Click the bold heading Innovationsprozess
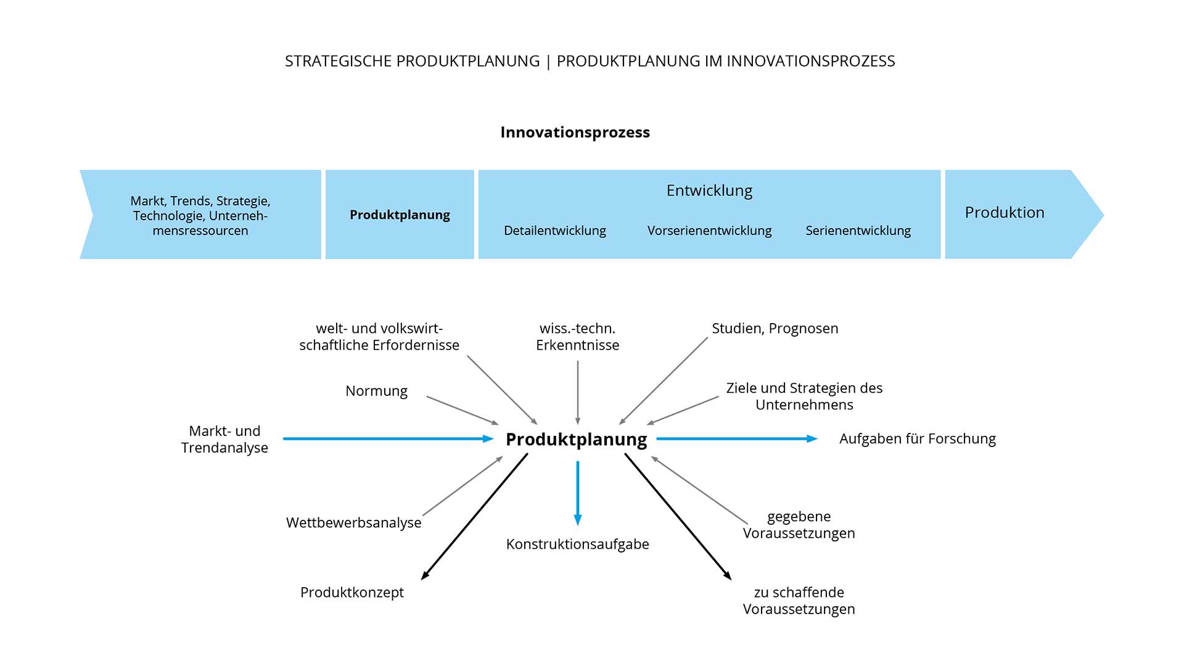pos(575,133)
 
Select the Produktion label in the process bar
pos(1004,213)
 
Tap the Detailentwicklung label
pos(554,231)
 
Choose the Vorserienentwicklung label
pos(709,231)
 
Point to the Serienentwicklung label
pos(858,231)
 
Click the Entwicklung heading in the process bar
pos(709,191)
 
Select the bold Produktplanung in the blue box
pos(400,215)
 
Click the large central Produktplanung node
pos(576,439)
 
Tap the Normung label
pos(376,391)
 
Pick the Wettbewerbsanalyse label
pos(353,523)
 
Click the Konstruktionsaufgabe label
pos(577,544)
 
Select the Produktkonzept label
pos(351,592)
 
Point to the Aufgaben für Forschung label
pos(917,439)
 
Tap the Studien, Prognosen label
pos(775,329)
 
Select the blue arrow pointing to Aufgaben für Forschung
pos(736,439)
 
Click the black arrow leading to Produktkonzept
pos(475,516)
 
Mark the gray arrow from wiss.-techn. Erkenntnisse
pos(578,392)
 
